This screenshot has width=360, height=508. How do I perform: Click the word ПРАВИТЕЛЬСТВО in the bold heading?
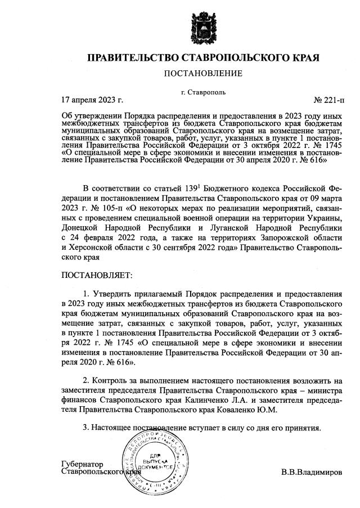(x=132, y=58)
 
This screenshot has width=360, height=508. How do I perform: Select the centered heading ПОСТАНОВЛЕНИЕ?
(x=203, y=73)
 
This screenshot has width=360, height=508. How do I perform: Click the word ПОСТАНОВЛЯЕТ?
(x=95, y=276)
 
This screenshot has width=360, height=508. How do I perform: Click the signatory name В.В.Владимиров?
(x=312, y=471)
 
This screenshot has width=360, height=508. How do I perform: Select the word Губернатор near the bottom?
(x=82, y=464)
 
